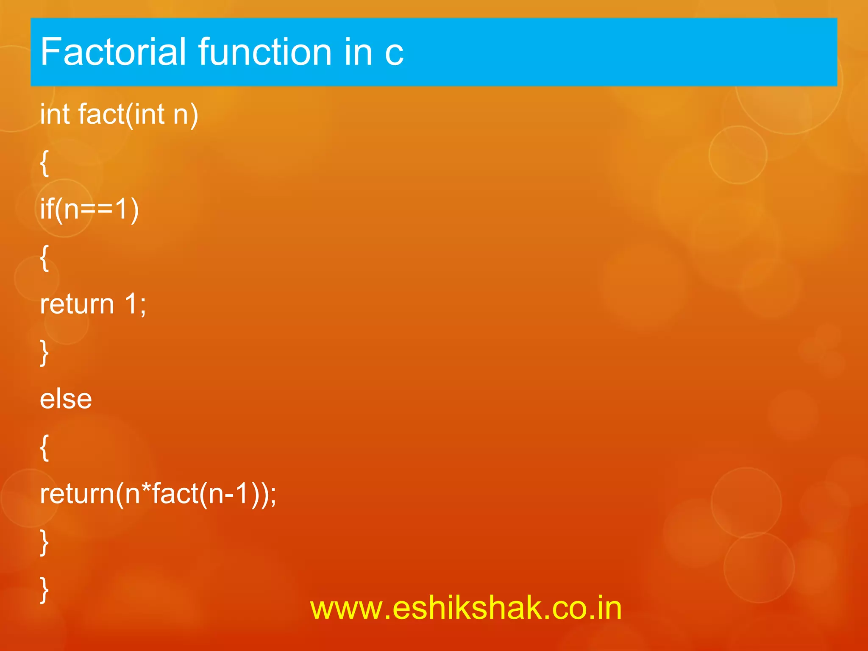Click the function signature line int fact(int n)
point(119,114)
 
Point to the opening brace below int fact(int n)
point(44,163)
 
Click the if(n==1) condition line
point(89,209)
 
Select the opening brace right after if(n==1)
point(44,258)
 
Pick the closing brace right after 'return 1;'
point(44,352)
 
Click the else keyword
point(66,399)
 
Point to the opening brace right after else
point(44,448)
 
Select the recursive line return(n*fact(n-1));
point(158,494)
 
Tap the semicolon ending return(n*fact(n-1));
point(273,496)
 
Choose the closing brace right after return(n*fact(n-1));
point(44,542)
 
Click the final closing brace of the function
point(44,590)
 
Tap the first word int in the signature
point(55,114)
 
